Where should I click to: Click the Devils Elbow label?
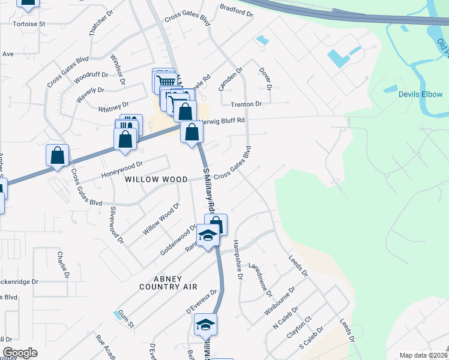pos(420,95)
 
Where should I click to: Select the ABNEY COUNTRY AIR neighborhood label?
pos(167,283)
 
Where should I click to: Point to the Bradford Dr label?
pos(234,8)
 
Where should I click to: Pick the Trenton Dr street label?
pos(246,104)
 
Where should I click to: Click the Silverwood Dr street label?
pos(116,226)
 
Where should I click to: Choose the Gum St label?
pos(125,314)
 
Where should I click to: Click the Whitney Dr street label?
pos(113,107)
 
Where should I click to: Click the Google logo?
pos(20,353)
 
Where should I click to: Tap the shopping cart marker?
pos(165,80)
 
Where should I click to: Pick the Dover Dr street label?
pos(265,79)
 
